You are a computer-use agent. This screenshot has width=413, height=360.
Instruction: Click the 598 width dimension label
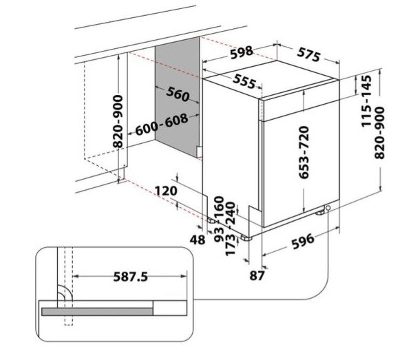[x=242, y=52]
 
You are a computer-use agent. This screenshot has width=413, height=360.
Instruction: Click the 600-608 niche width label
[x=162, y=125]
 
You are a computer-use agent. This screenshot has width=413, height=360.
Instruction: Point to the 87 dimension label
[x=257, y=275]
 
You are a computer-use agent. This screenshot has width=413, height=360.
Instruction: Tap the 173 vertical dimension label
[x=230, y=246]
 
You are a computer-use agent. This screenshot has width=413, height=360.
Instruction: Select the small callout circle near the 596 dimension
[x=328, y=208]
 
